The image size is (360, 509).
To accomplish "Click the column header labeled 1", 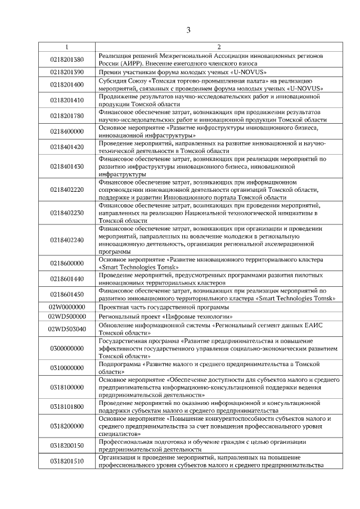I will point(67,47).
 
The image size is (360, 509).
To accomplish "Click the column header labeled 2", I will point(219,47).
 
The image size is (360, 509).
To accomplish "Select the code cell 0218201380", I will point(67,60).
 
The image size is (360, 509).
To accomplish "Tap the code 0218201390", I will point(67,73).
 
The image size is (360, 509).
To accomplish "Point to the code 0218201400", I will point(67,85).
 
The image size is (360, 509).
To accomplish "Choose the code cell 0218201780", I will point(67,116).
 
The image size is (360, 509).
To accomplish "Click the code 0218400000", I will point(67,132).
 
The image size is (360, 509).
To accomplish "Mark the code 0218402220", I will point(67,191).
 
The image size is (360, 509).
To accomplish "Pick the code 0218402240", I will point(67,240).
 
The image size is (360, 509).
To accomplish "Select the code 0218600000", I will point(67,263).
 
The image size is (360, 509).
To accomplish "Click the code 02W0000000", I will point(67,307).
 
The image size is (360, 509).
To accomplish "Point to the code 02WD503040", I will point(67,329).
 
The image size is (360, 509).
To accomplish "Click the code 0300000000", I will point(67,349).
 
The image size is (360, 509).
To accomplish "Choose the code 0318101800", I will point(67,407).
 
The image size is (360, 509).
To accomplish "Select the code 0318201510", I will point(67,461).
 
